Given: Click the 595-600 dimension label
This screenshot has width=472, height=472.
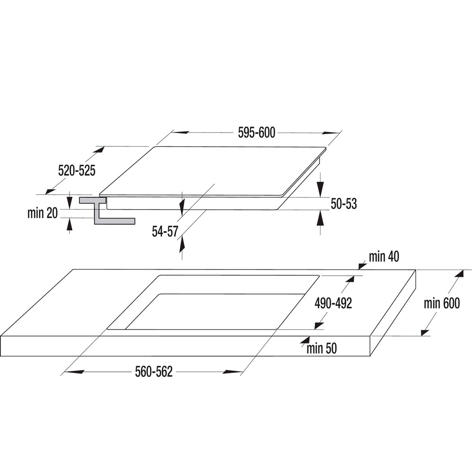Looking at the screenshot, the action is click(256, 133).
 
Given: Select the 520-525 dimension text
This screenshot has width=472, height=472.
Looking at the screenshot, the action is click(77, 171).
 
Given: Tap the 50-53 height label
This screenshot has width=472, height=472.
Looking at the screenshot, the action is click(344, 204).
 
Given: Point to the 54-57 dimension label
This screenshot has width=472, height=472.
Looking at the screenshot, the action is click(165, 231).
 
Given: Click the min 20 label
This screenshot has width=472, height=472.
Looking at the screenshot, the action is click(42, 213).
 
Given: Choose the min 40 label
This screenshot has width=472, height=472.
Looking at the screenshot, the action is click(384, 257).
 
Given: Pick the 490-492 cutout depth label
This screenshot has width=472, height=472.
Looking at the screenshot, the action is click(333, 303).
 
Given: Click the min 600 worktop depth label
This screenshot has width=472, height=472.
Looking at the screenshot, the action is click(442, 303).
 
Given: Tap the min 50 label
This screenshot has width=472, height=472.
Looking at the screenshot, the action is click(321, 349).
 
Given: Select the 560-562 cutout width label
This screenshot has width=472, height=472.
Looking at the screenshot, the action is click(154, 372).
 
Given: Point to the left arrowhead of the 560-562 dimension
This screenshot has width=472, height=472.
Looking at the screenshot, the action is click(74, 372).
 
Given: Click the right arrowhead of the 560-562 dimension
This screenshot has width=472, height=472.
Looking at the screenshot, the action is click(232, 372).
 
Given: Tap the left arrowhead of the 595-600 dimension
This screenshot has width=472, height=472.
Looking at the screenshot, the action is click(181, 132).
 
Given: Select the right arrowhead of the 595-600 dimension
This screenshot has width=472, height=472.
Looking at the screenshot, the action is click(330, 133).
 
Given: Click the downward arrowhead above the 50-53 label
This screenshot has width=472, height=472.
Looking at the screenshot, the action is click(320, 189).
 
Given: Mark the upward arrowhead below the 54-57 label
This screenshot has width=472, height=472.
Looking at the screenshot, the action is click(182, 244).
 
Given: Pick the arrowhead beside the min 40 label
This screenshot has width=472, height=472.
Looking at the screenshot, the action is click(362, 265).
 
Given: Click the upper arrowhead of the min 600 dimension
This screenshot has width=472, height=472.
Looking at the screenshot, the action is click(459, 274).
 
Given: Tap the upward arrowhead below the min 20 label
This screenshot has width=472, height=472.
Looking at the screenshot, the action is click(70, 225).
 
